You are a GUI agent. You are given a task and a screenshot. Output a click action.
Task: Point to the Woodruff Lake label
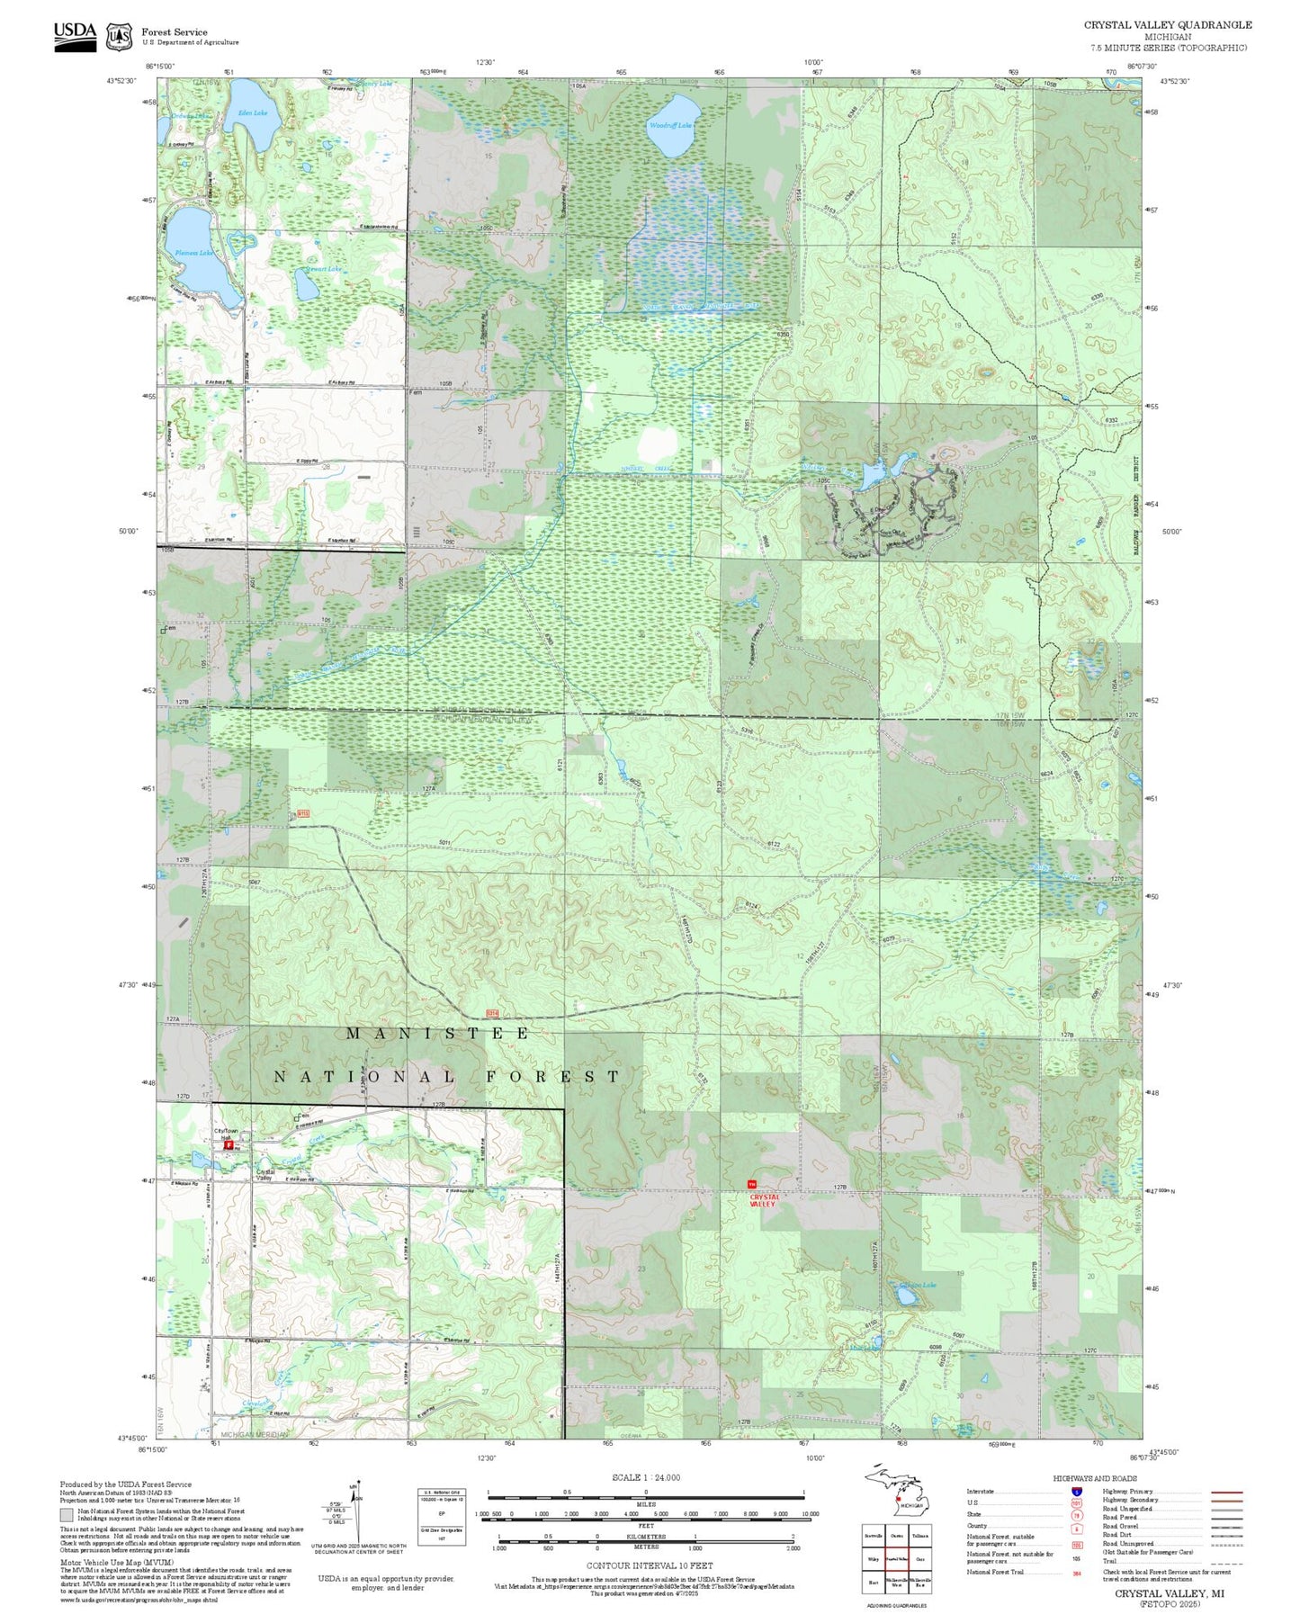670,125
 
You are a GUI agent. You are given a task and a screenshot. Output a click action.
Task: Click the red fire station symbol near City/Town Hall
229,1146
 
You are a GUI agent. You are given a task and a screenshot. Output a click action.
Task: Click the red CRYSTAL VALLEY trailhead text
762,1200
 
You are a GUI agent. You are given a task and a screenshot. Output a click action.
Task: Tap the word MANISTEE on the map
438,1034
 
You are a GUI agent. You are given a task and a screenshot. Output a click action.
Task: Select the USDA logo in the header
75,35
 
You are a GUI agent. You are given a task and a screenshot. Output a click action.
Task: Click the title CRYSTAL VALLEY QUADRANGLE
1167,24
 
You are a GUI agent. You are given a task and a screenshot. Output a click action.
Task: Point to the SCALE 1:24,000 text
645,1477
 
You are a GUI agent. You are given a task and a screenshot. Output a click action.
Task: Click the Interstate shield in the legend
1076,1492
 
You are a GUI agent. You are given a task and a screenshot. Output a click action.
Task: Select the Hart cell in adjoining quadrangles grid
872,1582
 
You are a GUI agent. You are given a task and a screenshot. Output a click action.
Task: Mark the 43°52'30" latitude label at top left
121,81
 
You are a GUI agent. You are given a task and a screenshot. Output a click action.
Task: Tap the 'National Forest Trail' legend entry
994,1572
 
